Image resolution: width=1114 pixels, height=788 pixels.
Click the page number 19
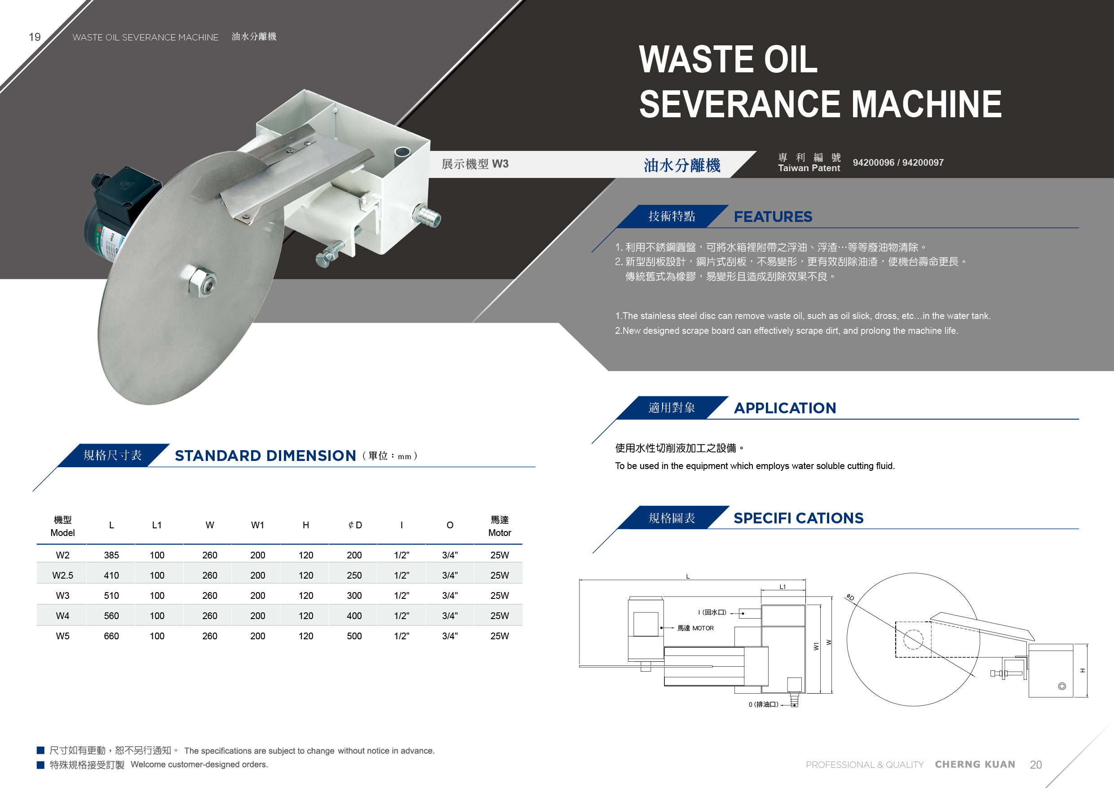35,37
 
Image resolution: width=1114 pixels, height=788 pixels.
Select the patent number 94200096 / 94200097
898,163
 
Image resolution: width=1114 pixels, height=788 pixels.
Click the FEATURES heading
773,217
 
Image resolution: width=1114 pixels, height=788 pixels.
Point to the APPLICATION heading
785,408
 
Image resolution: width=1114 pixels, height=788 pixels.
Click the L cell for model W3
111,595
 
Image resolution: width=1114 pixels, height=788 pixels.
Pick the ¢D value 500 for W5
354,636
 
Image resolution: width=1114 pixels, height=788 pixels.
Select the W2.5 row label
62,576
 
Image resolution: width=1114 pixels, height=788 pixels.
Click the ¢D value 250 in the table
354,576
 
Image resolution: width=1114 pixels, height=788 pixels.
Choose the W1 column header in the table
258,525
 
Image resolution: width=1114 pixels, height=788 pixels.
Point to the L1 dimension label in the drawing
782,587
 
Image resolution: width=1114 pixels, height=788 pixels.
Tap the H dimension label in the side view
1083,671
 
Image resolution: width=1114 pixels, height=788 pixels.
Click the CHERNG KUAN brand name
975,764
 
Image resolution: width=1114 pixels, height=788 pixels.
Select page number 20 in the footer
1036,765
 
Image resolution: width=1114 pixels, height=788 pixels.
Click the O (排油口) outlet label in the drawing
763,704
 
